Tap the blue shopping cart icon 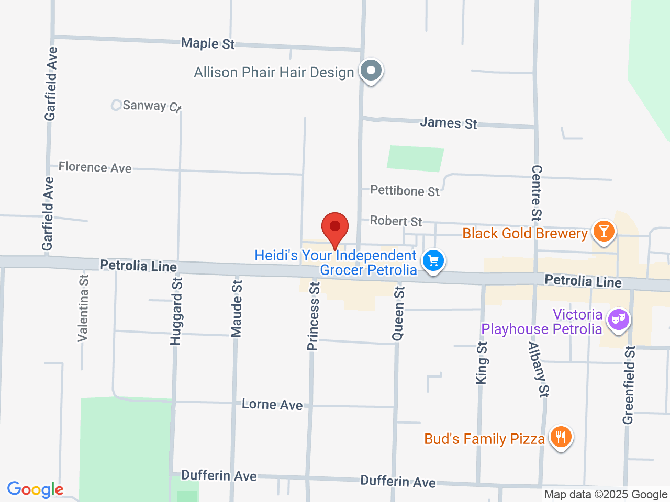433,260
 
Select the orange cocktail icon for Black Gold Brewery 604,231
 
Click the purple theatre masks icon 618,318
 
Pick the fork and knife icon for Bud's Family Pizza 561,436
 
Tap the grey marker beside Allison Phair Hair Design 371,70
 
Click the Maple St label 208,43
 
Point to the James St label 449,123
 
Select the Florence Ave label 95,167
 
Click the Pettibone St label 405,190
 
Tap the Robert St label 396,221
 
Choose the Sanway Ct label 151,106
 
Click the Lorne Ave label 272,404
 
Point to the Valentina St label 83,308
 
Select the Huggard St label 176,311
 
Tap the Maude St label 237,309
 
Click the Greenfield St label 629,385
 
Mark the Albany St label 539,369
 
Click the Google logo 35,489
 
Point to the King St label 482,363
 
